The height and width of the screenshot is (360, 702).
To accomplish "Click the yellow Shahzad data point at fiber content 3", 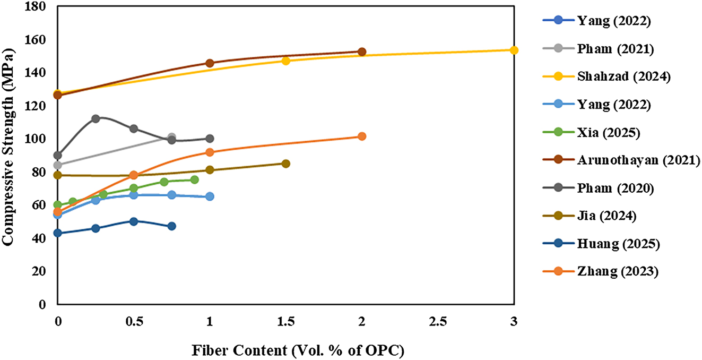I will (x=514, y=50).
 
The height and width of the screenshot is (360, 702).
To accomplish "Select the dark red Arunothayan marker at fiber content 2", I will (x=362, y=52).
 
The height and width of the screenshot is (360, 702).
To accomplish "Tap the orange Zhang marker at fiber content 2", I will (x=362, y=136).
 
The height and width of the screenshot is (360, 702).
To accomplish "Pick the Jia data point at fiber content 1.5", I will (x=285, y=164).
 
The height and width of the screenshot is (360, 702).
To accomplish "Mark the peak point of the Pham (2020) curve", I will (x=96, y=118).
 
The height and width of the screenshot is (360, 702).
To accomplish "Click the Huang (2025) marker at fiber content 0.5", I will (x=134, y=221).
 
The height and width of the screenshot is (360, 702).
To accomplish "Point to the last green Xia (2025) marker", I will (x=194, y=180).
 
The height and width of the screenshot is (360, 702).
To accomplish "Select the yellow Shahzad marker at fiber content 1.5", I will (x=285, y=61).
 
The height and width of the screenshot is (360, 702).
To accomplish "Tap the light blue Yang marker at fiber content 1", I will (x=210, y=196).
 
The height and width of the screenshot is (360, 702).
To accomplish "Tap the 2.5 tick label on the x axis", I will (x=438, y=322).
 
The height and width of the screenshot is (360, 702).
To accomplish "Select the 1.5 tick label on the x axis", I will (x=285, y=322).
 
